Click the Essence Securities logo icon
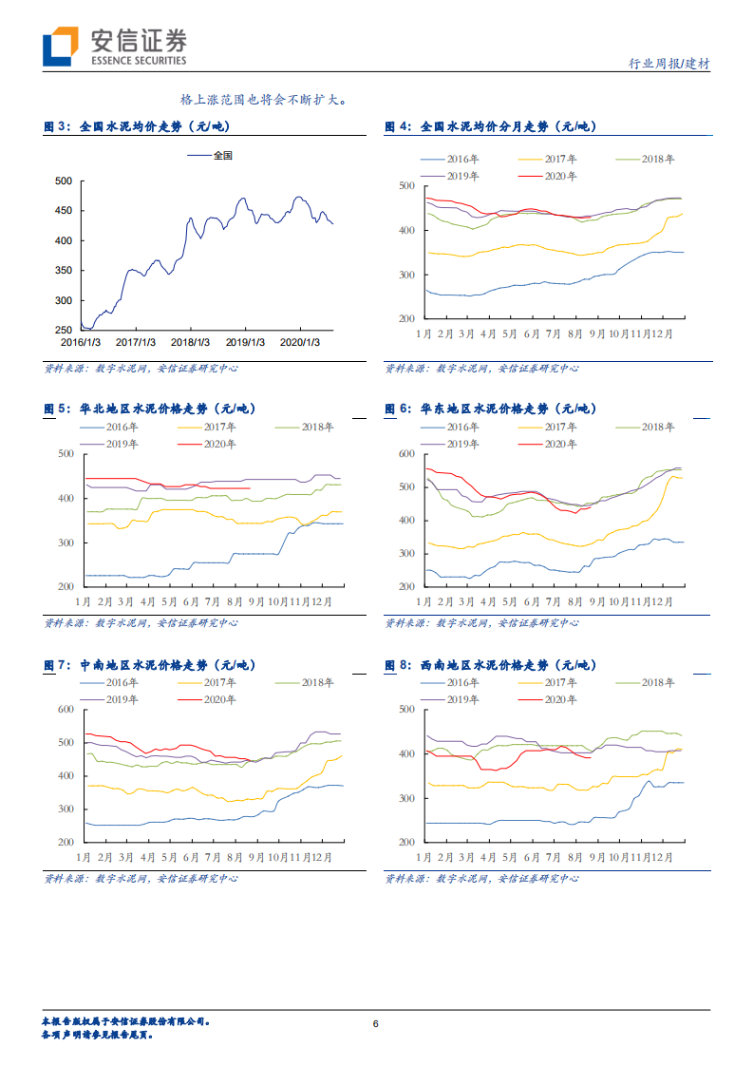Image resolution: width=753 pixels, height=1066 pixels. [x=59, y=48]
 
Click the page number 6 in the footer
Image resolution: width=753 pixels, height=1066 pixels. [x=376, y=1023]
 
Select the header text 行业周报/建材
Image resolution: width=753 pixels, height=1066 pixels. [x=669, y=64]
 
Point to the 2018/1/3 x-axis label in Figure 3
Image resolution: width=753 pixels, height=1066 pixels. [x=191, y=341]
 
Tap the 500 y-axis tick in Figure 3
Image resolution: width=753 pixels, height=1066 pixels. [x=64, y=181]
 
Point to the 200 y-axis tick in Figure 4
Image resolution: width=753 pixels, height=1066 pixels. [x=405, y=319]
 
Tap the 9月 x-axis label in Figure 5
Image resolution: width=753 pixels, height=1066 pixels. [x=255, y=601]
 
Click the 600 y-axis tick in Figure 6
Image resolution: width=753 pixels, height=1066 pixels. [x=405, y=454]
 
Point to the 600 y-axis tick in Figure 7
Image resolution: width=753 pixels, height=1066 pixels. [x=65, y=710]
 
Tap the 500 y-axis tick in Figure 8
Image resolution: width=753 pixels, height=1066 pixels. [x=405, y=710]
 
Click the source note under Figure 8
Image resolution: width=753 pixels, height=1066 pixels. [x=481, y=879]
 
